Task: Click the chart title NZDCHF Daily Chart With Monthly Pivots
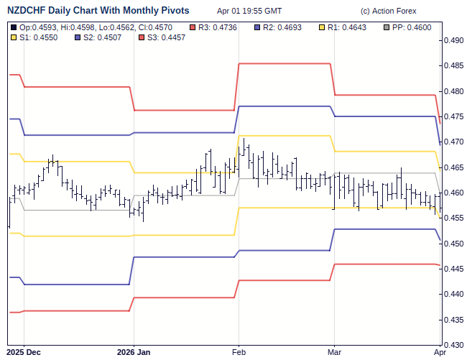(98, 11)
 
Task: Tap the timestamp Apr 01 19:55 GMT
(249, 11)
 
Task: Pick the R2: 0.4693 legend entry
(282, 27)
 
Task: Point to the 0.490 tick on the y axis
(453, 41)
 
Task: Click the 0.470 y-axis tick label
(453, 142)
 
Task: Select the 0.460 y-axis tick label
(453, 193)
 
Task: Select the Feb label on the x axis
(239, 353)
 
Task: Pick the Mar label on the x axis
(334, 353)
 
